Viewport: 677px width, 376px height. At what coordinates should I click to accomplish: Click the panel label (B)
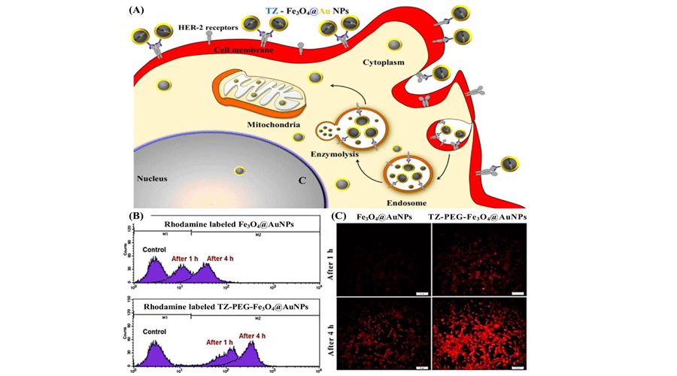tap(138, 215)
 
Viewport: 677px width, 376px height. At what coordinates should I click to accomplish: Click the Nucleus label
tap(151, 178)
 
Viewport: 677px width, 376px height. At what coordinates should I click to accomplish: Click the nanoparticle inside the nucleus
tap(240, 171)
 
